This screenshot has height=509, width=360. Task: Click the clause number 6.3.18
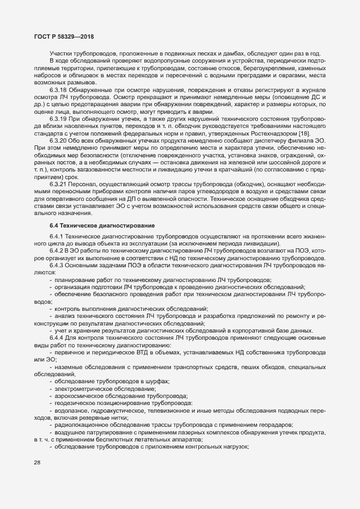(x=58, y=89)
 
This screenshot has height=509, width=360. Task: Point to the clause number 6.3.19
(x=58, y=118)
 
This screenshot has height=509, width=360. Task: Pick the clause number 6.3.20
(x=58, y=139)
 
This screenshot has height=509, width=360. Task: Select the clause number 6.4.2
(x=56, y=250)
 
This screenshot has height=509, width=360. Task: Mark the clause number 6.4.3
(x=56, y=265)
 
